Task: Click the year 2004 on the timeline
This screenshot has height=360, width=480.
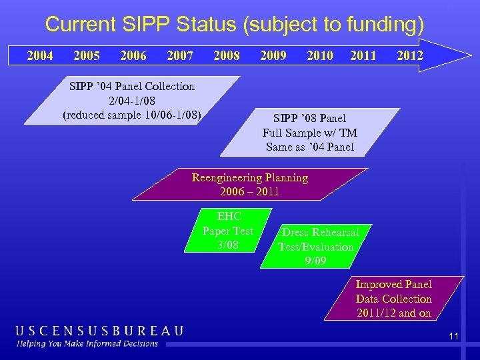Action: [x=40, y=55]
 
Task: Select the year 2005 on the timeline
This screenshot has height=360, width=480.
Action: [x=87, y=55]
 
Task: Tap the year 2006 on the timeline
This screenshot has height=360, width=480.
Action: [x=133, y=55]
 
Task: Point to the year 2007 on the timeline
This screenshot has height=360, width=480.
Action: [x=179, y=55]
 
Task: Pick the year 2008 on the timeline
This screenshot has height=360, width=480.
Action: [x=226, y=55]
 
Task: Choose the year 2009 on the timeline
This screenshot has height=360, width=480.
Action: [x=273, y=55]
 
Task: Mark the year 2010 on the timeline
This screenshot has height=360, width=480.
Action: [x=319, y=55]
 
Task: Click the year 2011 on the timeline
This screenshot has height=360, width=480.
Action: [x=363, y=55]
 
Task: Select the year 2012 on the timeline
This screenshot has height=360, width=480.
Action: [x=409, y=55]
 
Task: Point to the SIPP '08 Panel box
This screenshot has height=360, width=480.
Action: [x=309, y=132]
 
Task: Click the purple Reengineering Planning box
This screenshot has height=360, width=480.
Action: [x=250, y=185]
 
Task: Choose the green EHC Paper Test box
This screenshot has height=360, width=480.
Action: [x=228, y=231]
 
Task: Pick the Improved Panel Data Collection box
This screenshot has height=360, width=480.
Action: [x=393, y=299]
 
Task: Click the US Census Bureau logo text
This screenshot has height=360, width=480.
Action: [x=100, y=331]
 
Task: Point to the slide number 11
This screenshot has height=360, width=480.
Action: [x=453, y=337]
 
